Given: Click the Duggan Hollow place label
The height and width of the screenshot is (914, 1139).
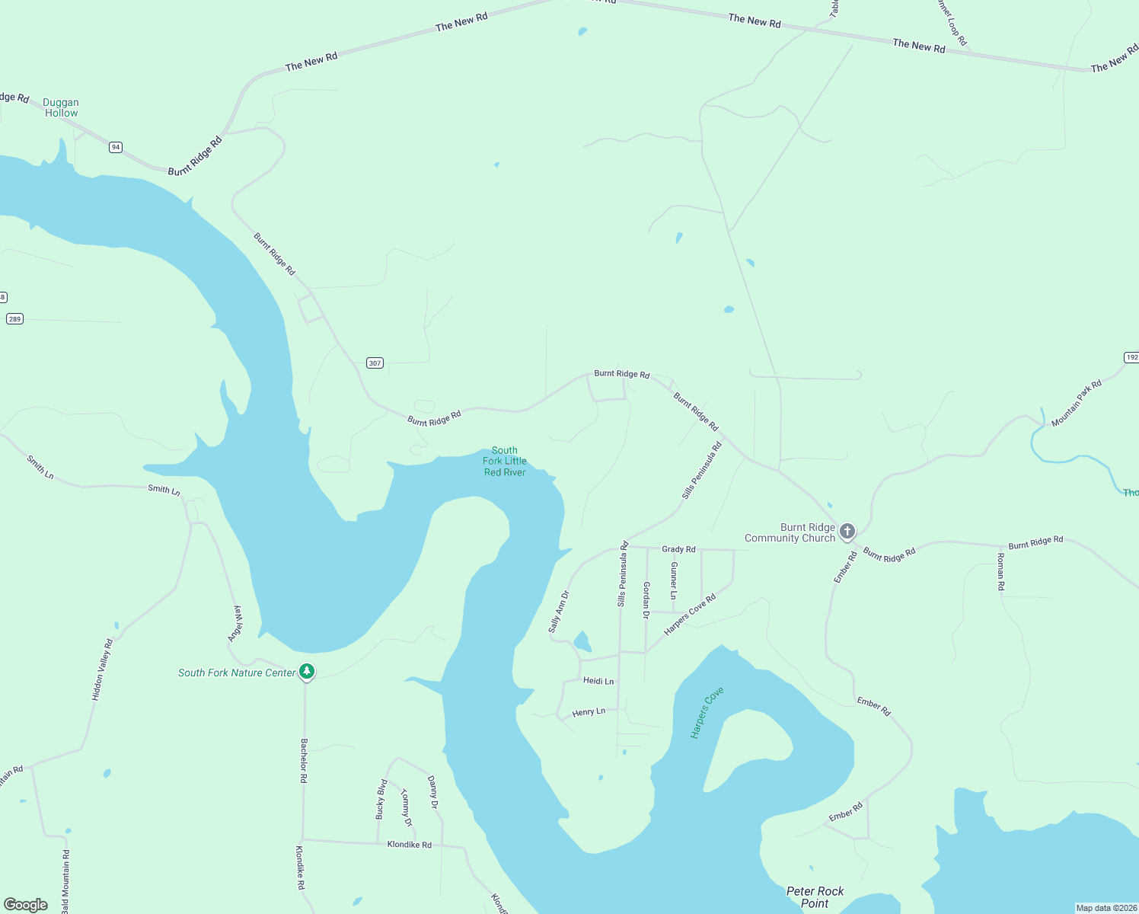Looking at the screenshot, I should (61, 107).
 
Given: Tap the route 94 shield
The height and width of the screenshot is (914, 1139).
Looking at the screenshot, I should (115, 147).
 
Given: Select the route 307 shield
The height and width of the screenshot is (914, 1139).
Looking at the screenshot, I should (375, 363).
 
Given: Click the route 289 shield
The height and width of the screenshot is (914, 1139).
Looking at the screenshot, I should (14, 318).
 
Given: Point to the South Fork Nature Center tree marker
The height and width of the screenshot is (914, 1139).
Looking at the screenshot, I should (307, 672).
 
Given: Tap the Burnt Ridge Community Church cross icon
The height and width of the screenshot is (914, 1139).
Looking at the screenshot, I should (847, 531).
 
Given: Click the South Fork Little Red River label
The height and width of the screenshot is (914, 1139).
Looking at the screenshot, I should (505, 462).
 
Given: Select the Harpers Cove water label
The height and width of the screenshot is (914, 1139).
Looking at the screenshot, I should (707, 712).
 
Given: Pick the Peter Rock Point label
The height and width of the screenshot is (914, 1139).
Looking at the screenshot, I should (815, 897).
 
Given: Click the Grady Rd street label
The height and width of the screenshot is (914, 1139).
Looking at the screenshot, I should (678, 549).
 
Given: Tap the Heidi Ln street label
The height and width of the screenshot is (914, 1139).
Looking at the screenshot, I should (598, 681).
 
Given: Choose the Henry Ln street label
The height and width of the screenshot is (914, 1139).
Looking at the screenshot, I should (589, 712).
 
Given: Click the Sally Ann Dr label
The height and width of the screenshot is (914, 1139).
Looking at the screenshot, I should (559, 612).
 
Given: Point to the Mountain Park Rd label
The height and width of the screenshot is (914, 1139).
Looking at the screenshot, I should (1076, 404).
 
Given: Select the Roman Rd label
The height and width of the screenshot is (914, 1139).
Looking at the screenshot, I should (1001, 572).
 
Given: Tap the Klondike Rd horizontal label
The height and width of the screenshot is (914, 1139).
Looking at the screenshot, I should (409, 845).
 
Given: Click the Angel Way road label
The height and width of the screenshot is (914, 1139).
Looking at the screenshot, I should (237, 623).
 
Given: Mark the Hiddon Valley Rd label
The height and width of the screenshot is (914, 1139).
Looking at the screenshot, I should (102, 670).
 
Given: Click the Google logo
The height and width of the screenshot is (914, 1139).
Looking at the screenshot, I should (26, 905).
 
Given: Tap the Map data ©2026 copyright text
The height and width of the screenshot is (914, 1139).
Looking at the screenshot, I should (1105, 908).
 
